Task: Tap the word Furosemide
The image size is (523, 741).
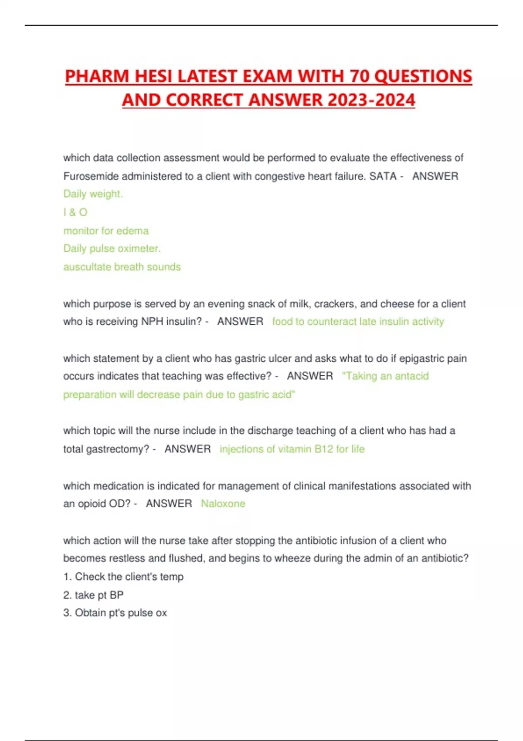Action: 91,176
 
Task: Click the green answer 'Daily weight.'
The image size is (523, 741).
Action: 93,194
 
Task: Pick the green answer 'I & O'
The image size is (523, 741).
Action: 75,212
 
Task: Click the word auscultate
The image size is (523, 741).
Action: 87,267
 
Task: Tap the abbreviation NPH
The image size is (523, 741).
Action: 152,322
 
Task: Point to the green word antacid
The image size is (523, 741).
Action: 412,376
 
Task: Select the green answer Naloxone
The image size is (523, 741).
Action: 223,503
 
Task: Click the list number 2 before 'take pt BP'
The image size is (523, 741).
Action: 67,595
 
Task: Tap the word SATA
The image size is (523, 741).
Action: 383,176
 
